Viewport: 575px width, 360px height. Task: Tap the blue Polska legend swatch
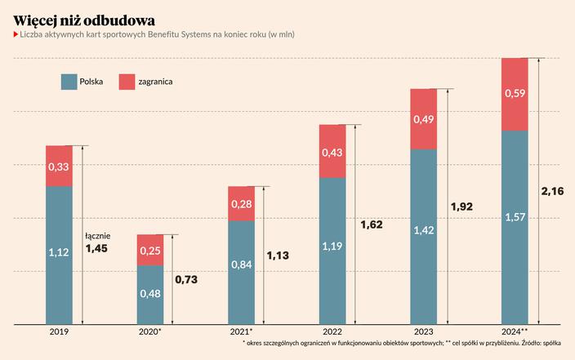point(69,82)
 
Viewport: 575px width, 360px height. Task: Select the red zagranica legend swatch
point(126,82)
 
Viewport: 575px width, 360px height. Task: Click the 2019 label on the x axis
point(59,332)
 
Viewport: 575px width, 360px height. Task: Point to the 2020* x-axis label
point(150,332)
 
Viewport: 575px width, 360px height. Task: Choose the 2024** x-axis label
point(515,332)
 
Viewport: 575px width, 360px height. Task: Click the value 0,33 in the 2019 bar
point(59,167)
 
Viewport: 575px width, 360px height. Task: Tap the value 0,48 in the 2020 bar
point(150,294)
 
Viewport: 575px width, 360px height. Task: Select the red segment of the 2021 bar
point(242,203)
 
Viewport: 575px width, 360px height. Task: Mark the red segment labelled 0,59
point(515,95)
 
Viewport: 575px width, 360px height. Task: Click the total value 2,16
point(553,191)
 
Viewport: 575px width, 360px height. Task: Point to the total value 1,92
point(462,207)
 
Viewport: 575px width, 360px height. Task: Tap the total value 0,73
point(187,280)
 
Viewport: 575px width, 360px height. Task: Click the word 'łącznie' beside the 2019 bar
point(97,236)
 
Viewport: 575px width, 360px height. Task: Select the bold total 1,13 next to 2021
point(279,256)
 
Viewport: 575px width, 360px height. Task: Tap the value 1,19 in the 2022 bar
point(332,246)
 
